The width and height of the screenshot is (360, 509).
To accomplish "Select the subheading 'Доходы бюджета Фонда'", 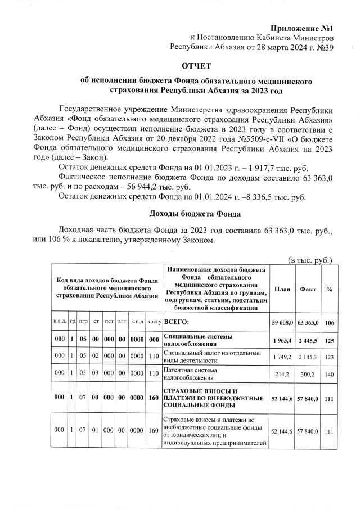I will (195, 214).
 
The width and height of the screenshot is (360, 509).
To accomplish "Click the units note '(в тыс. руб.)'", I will (310, 260).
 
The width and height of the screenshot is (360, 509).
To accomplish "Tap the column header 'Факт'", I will (308, 289).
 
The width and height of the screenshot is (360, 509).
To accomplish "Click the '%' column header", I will (330, 289).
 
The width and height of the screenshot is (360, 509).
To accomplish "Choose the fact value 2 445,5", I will (308, 340).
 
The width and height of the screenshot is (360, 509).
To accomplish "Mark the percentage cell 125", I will (330, 340).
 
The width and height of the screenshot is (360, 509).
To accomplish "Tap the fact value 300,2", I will (308, 374).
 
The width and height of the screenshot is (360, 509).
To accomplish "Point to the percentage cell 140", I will (330, 374).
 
